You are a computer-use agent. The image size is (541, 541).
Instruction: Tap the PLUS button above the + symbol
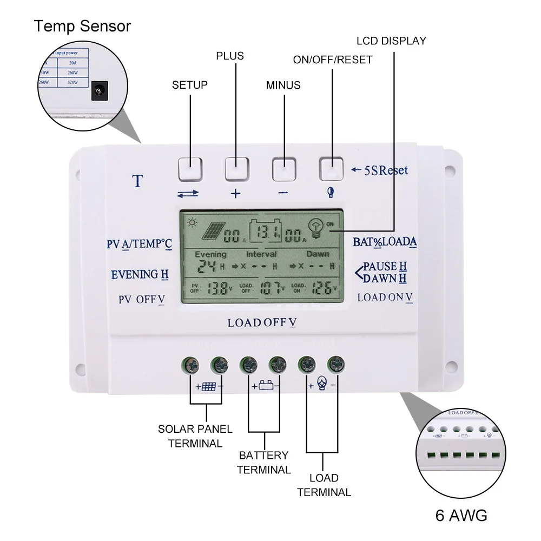tap(236, 169)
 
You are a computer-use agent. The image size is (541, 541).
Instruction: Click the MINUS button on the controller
tap(283, 169)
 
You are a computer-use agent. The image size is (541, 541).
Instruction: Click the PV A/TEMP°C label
tap(139, 244)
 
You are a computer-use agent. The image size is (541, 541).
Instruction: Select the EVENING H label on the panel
tap(140, 275)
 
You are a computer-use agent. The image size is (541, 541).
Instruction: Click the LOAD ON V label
tap(385, 297)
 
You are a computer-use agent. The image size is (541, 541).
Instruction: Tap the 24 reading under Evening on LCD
tap(206, 266)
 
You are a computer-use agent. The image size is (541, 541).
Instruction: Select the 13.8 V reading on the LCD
tap(217, 288)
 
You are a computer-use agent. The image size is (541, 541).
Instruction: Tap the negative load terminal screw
tap(337, 364)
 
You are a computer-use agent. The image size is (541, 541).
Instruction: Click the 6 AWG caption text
tap(461, 515)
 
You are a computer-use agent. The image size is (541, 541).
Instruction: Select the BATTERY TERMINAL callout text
tap(264, 463)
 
